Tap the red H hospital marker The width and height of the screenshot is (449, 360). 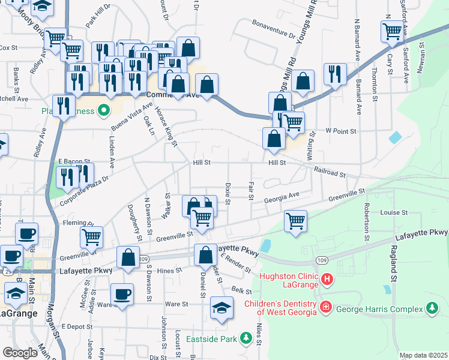pyautogui.click(x=327, y=279)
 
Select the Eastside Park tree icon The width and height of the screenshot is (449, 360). pyautogui.click(x=246, y=339)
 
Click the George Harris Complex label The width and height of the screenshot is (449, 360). pyautogui.click(x=381, y=308)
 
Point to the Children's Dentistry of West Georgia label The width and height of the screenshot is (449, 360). pyautogui.click(x=280, y=307)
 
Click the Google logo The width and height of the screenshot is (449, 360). pyautogui.click(x=20, y=353)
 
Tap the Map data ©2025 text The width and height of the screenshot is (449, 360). pyautogui.click(x=423, y=355)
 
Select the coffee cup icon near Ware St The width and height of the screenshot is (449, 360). pyautogui.click(x=122, y=295)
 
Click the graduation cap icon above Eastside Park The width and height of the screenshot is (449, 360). pyautogui.click(x=221, y=308)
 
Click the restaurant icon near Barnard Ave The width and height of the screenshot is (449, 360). pyautogui.click(x=334, y=73)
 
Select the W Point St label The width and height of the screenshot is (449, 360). pyautogui.click(x=341, y=131)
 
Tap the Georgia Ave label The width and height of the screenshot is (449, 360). pyautogui.click(x=283, y=196)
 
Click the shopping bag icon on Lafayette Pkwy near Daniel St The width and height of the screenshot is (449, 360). pyautogui.click(x=205, y=254)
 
